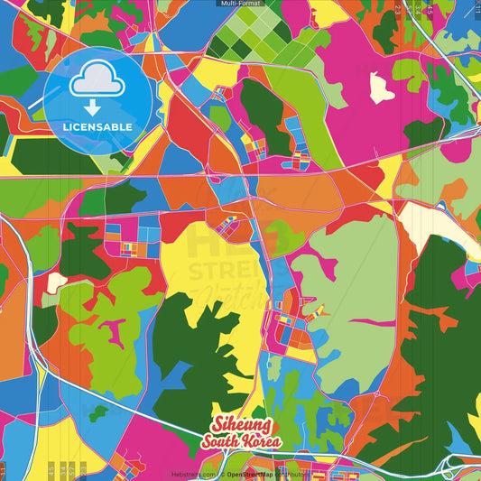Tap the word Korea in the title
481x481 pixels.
coord(263,441)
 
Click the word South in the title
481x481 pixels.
coord(222,441)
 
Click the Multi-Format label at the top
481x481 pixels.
coord(240,4)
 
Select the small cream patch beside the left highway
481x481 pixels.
coord(55,282)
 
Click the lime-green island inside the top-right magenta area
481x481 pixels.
coord(410,72)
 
